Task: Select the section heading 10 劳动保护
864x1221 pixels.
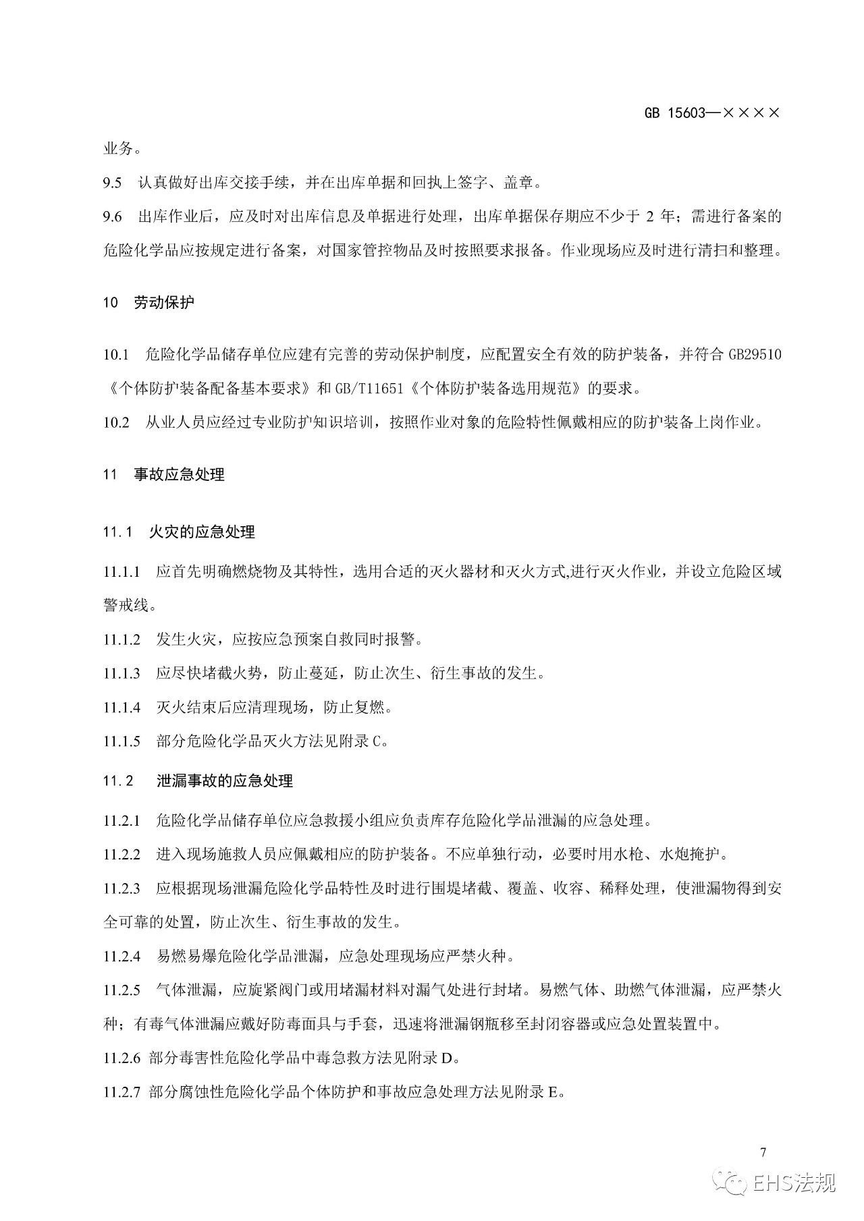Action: [x=148, y=302]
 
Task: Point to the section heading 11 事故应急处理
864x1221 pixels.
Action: [x=163, y=474]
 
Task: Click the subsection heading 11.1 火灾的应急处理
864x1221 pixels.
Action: [x=179, y=532]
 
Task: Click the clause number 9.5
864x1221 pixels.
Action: [x=112, y=182]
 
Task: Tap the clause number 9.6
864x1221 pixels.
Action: [x=112, y=217]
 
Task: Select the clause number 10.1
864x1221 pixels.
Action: [x=115, y=354]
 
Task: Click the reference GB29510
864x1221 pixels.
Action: [x=755, y=354]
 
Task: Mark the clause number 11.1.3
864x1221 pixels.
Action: [x=122, y=673]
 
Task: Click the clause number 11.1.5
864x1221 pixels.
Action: [x=122, y=741]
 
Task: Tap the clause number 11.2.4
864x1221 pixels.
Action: [x=122, y=955]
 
